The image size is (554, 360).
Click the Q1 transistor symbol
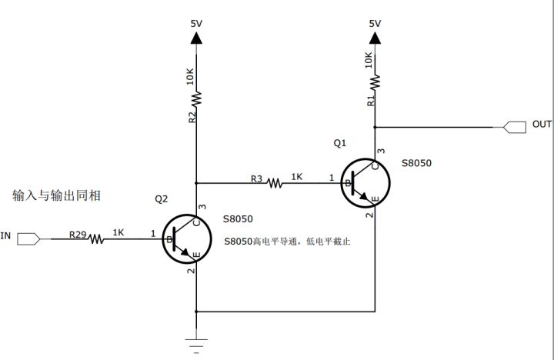click(x=365, y=183)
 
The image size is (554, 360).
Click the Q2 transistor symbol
click(x=186, y=238)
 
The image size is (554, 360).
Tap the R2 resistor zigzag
click(x=197, y=98)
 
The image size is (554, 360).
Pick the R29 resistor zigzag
click(x=96, y=239)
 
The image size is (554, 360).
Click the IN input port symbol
click(x=27, y=238)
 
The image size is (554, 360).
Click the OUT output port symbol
click(x=514, y=125)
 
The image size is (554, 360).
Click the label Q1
click(x=340, y=144)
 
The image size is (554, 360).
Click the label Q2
click(x=162, y=199)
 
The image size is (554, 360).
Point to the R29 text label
click(x=78, y=232)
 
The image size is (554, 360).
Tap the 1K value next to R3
click(x=296, y=177)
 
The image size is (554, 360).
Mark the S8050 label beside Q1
click(x=416, y=164)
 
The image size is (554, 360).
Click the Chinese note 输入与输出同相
click(x=57, y=195)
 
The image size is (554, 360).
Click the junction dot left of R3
click(x=197, y=183)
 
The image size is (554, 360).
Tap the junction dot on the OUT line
click(x=375, y=126)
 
